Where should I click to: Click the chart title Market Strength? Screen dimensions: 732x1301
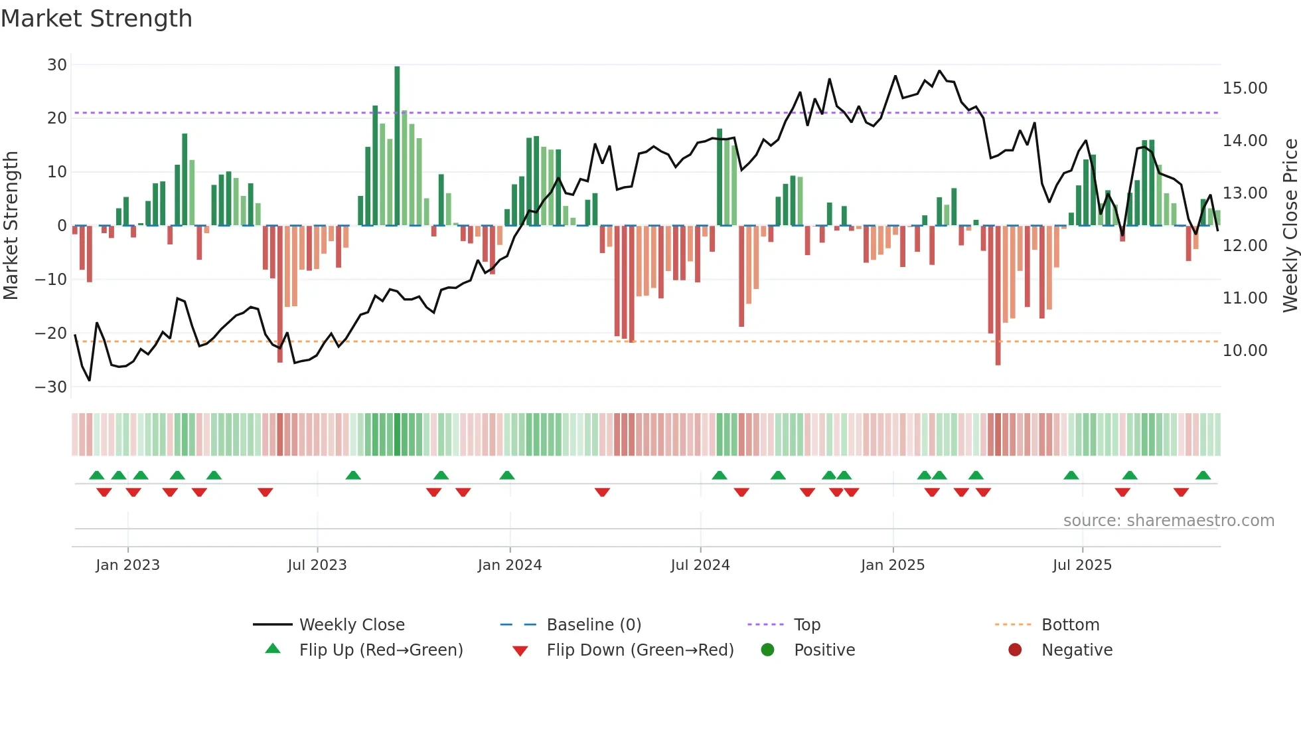[96, 19]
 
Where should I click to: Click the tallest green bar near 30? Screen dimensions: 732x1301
[397, 146]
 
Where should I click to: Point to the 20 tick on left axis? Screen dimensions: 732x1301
[57, 118]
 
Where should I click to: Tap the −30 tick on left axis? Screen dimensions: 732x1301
[51, 387]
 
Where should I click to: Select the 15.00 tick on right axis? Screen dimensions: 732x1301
[1245, 88]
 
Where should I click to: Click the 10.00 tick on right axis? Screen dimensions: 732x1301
[1245, 351]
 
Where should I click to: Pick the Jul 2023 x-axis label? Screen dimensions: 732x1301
[317, 565]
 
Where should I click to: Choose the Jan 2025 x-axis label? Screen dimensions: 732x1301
[893, 565]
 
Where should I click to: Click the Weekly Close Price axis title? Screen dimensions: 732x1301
[1290, 226]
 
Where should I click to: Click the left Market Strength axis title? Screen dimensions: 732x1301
[11, 226]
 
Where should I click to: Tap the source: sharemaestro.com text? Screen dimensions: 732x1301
[1168, 521]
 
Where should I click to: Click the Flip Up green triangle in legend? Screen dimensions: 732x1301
[273, 649]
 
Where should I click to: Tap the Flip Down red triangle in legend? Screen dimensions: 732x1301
[520, 651]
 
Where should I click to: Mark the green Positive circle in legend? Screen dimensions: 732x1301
[768, 650]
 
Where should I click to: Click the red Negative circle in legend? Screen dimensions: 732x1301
[1015, 650]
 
